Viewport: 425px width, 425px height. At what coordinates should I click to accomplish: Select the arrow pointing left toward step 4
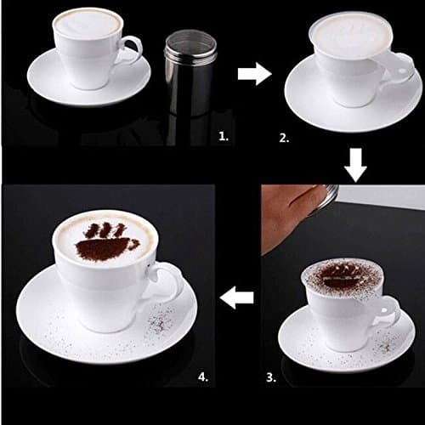(x=239, y=297)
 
